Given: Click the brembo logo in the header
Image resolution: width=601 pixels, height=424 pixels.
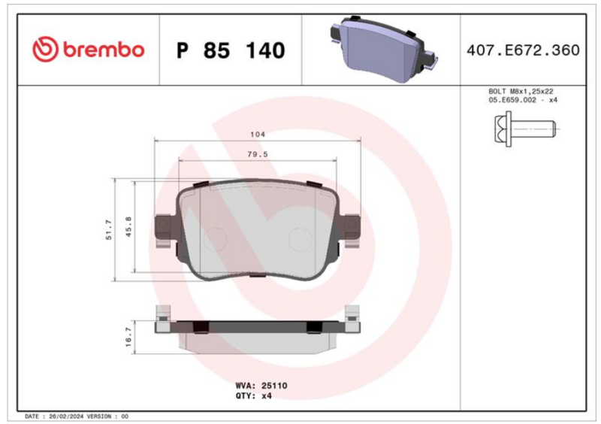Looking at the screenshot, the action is pyautogui.click(x=88, y=50).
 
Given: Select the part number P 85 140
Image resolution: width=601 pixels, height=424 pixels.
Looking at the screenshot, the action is pyautogui.click(x=231, y=50).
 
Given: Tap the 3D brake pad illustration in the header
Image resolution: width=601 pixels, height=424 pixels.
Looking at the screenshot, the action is pyautogui.click(x=383, y=49).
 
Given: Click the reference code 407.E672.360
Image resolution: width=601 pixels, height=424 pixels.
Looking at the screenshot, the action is pyautogui.click(x=523, y=50).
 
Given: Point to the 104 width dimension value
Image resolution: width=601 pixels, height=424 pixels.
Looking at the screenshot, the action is pyautogui.click(x=258, y=135).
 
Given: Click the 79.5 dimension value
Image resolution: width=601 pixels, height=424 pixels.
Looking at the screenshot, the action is pyautogui.click(x=258, y=154).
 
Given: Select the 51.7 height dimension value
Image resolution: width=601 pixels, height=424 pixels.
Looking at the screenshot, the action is pyautogui.click(x=109, y=230).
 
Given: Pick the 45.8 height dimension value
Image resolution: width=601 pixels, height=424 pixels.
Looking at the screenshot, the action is pyautogui.click(x=128, y=227).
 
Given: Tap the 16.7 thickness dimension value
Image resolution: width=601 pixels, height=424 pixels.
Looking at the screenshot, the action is pyautogui.click(x=128, y=338).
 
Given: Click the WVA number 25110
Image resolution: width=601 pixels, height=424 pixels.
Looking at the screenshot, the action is pyautogui.click(x=274, y=386).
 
